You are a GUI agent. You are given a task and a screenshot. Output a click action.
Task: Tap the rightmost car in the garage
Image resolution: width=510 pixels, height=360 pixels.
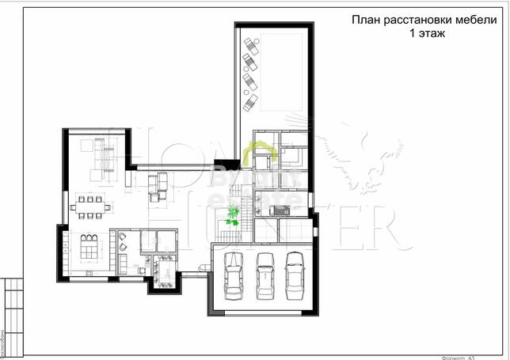[295, 275]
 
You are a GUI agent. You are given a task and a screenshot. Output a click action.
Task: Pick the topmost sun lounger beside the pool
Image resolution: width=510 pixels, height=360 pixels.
[250, 46]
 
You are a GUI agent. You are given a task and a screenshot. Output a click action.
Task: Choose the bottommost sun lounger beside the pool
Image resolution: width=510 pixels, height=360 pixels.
[250, 100]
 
